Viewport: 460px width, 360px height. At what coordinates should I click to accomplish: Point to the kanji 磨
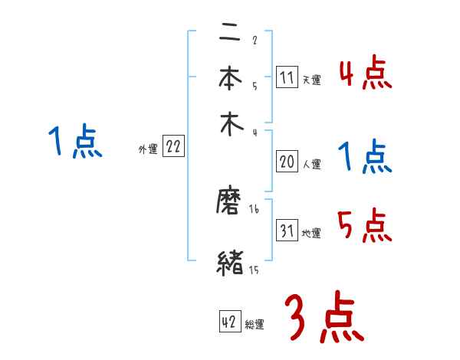[x=231, y=204]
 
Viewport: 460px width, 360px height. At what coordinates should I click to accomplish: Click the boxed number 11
[x=287, y=78]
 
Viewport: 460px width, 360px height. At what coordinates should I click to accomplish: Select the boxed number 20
[x=287, y=162]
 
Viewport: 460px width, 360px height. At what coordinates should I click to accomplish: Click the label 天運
[x=311, y=80]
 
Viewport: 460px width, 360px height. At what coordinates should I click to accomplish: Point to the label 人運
[x=311, y=164]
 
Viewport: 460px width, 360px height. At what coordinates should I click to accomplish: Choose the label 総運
[x=255, y=325]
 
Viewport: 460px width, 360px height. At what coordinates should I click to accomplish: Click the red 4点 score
[x=365, y=75]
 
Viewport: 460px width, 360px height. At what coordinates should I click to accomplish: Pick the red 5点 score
[x=365, y=225]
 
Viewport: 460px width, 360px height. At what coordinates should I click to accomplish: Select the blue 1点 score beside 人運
[x=365, y=158]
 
